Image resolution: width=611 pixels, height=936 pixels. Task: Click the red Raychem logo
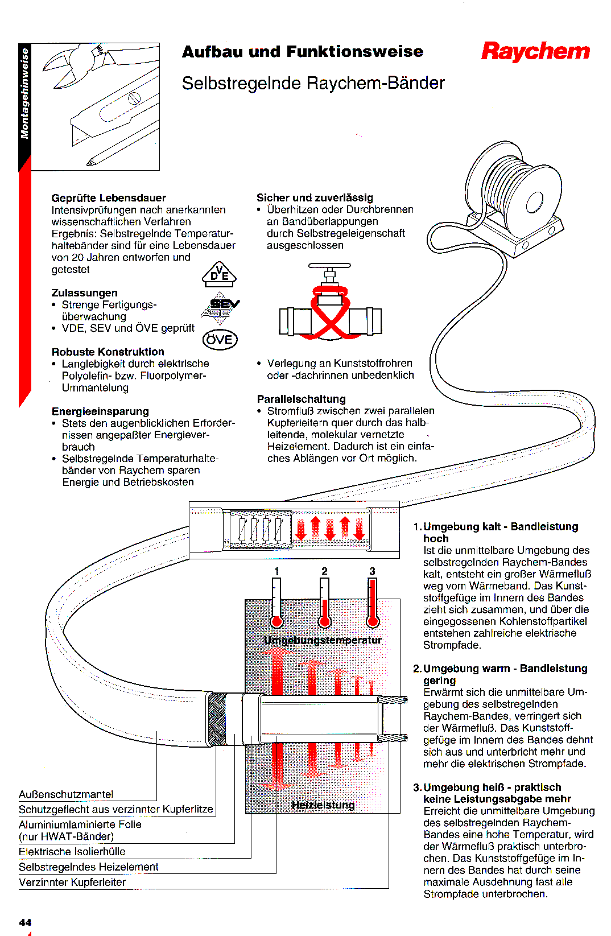point(535,51)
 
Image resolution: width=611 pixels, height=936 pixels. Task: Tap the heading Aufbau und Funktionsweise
point(302,52)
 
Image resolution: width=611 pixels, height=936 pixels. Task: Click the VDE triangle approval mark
point(219,274)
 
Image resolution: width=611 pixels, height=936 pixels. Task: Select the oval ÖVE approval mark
point(220,340)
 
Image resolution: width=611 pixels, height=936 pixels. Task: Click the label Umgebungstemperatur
point(323,640)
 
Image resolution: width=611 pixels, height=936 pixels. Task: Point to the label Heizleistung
point(323,805)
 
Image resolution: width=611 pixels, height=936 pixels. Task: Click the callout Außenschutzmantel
point(66,794)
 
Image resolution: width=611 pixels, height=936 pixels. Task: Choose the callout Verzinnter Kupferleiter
point(72,883)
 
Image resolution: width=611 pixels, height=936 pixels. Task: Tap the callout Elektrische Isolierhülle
point(72,852)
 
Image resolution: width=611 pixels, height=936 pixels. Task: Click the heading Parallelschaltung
point(301,399)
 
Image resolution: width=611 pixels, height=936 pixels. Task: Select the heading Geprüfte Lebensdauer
point(109,198)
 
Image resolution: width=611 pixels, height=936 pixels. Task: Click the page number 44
point(25,922)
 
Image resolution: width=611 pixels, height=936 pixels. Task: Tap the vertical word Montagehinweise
point(24,94)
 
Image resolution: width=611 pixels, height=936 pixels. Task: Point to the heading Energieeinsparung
point(100,411)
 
